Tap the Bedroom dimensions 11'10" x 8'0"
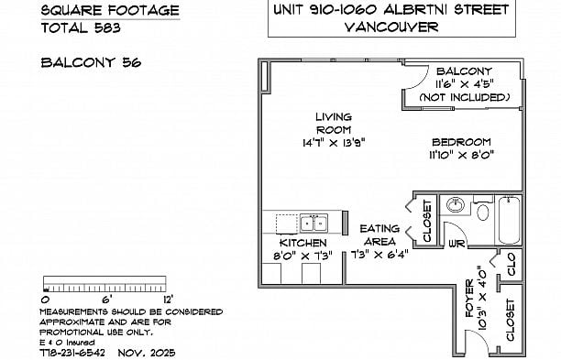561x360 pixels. (x=461, y=156)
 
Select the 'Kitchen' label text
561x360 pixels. (x=303, y=242)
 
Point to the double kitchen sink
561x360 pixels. (x=313, y=222)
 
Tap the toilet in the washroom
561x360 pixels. (x=482, y=212)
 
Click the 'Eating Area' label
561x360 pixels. (x=379, y=235)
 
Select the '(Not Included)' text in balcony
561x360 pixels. (x=464, y=97)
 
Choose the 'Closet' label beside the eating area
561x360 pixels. (x=426, y=221)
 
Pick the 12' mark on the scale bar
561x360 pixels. (x=168, y=299)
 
